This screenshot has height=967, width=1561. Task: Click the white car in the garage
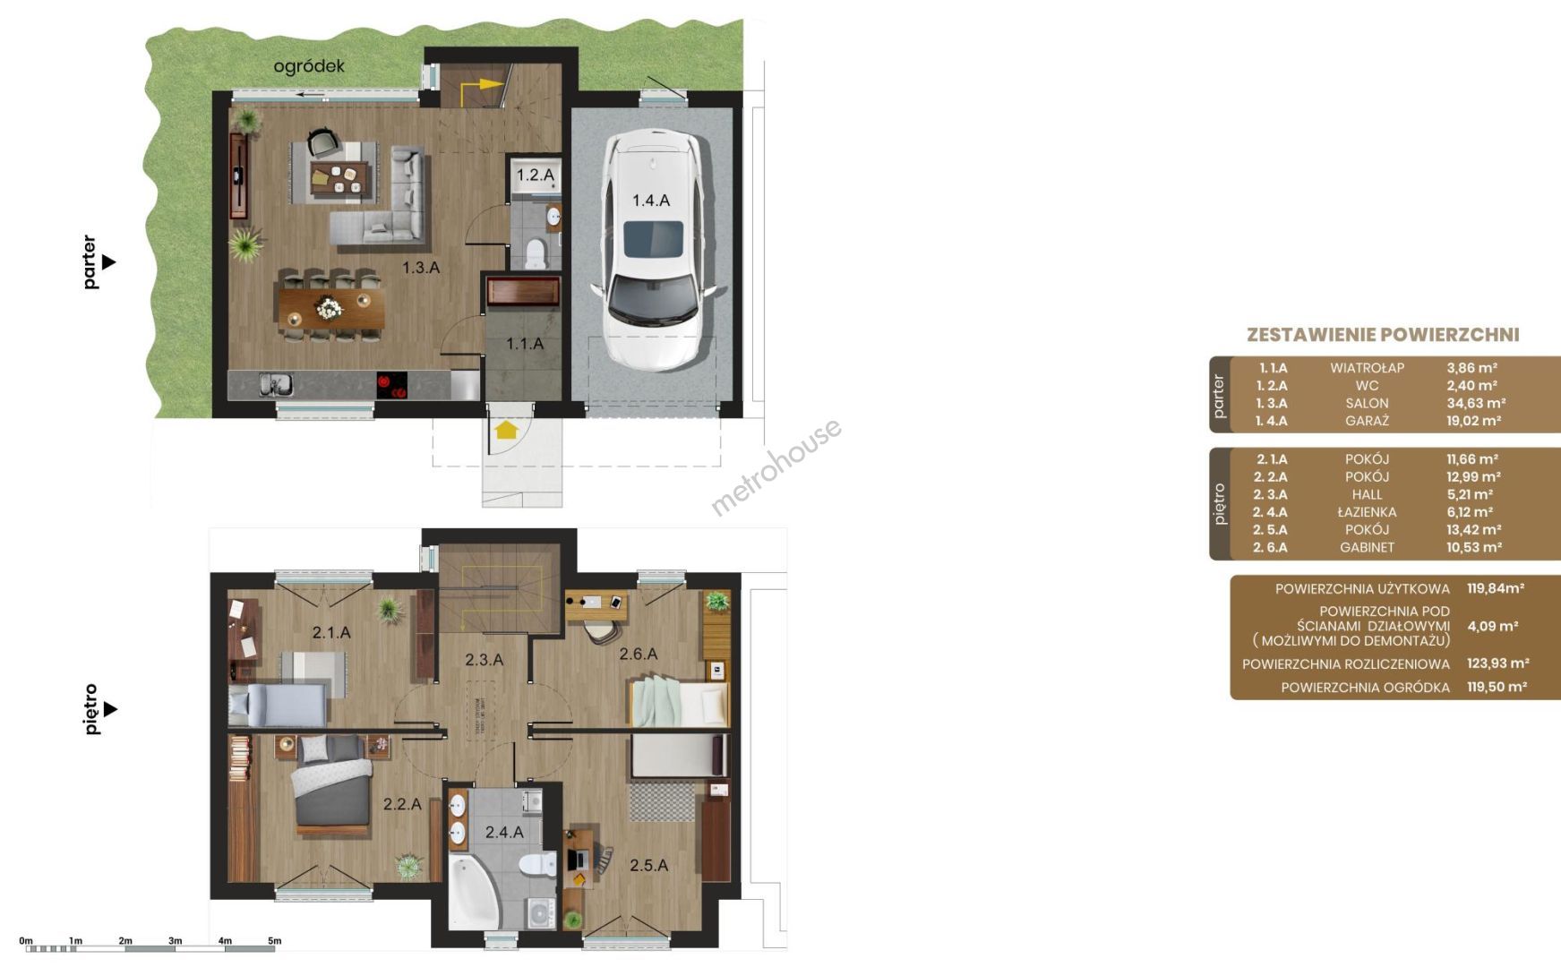click(x=652, y=249)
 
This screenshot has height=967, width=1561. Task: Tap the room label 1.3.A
click(x=420, y=268)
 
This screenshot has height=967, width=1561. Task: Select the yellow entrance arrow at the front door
click(x=506, y=430)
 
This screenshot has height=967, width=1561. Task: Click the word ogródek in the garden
click(x=309, y=66)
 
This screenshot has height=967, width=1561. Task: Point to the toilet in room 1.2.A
click(x=536, y=252)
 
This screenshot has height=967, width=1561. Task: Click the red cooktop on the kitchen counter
click(x=391, y=385)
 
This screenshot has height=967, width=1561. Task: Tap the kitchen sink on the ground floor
click(x=276, y=384)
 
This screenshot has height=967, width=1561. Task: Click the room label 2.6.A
click(x=639, y=655)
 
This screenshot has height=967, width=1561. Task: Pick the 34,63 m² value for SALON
click(x=1476, y=403)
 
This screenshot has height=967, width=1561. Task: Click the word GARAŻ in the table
click(x=1367, y=421)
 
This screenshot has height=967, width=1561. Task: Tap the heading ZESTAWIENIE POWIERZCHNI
click(x=1383, y=335)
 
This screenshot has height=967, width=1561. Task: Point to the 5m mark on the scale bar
click(x=274, y=941)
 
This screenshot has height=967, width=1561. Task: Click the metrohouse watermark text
click(x=776, y=467)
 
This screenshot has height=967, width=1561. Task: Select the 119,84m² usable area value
click(x=1496, y=588)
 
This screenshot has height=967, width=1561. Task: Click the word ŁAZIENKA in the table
click(x=1367, y=512)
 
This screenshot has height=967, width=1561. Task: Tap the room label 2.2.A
click(x=402, y=804)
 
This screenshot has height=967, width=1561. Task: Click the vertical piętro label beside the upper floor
click(x=90, y=709)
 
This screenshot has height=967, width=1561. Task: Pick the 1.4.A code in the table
click(x=1271, y=421)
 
